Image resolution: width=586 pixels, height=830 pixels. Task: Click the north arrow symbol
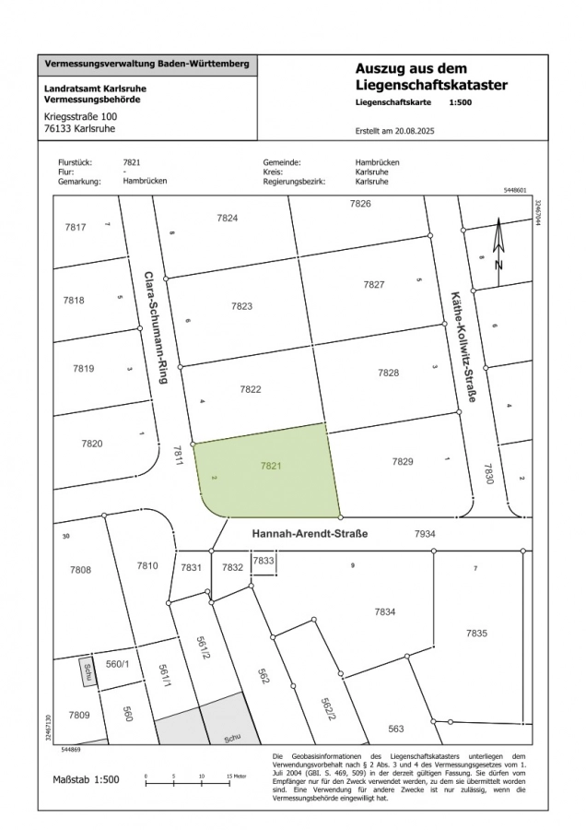click(498, 244)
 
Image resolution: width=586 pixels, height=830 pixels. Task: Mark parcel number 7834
click(385, 611)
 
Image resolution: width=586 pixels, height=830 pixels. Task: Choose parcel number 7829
click(403, 461)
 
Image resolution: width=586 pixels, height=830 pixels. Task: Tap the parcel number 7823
click(241, 305)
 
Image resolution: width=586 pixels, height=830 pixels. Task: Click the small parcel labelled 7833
click(264, 561)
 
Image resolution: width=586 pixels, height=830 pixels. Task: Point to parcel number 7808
click(81, 570)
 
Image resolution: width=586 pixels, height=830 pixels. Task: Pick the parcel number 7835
click(476, 633)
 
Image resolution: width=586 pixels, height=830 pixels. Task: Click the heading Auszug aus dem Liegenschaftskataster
click(431, 77)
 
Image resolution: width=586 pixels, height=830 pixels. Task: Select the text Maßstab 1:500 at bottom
click(86, 779)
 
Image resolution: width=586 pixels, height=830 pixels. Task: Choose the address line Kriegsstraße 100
click(81, 117)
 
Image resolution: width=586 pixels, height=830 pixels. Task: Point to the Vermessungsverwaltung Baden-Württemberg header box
click(147, 65)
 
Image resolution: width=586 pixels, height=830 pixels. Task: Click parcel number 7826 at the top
click(360, 203)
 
